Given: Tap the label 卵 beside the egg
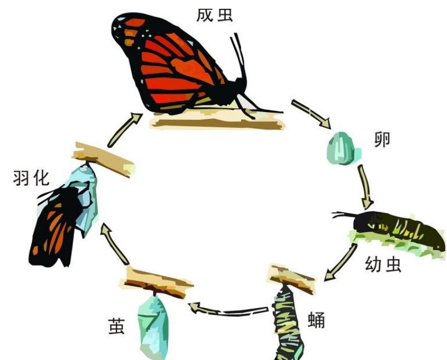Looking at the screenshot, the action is (382, 139).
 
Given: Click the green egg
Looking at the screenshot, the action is (343, 147).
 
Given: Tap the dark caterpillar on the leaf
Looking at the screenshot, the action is (401, 228).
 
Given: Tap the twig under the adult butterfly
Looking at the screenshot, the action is (217, 120).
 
